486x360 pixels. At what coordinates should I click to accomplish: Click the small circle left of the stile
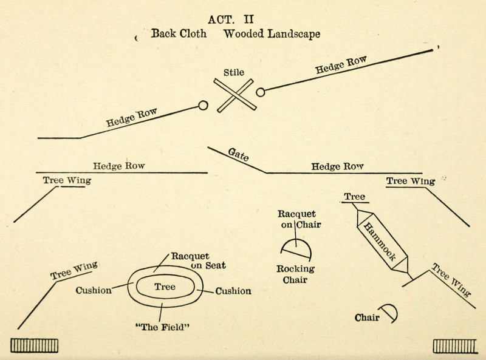pos(204,106)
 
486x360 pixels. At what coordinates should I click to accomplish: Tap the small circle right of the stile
pos(261,92)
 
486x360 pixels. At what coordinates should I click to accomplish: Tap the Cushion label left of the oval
pos(93,290)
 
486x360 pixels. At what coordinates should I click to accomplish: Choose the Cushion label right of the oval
pos(233,291)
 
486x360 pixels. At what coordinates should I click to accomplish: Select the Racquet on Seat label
pos(191,260)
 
